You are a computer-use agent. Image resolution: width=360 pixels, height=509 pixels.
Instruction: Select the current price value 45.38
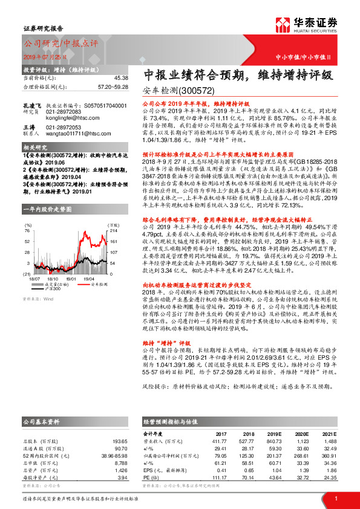click(x=120, y=78)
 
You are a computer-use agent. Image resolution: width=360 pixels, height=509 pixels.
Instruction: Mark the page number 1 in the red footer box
click(x=336, y=498)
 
